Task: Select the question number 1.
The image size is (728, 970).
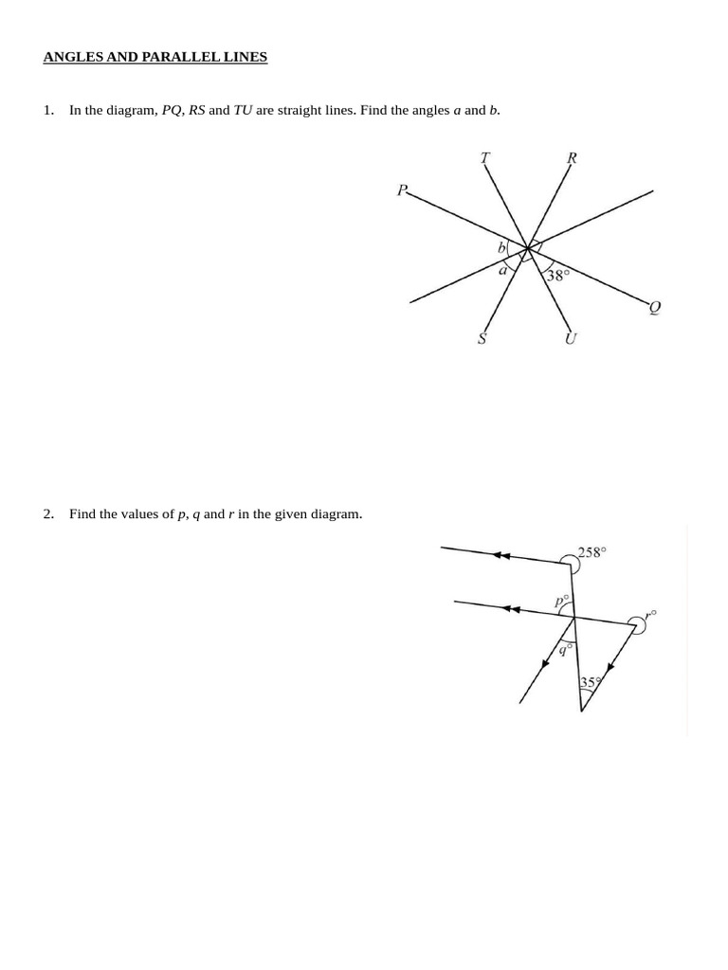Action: coord(48,110)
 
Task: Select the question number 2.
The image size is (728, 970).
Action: coord(48,514)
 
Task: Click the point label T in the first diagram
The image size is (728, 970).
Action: coord(485,158)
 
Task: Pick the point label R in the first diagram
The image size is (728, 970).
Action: coord(572,158)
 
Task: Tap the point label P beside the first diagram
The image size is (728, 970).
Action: coord(402,190)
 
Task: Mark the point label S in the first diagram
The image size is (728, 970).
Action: coord(482,338)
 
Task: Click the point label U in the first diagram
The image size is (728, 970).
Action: coord(571,338)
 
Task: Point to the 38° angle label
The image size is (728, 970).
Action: coord(557,276)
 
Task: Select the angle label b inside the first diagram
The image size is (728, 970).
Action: coord(502,248)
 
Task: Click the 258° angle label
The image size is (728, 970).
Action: coord(591,552)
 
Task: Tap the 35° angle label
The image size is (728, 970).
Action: coord(591,682)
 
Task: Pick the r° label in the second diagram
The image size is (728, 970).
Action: coord(649,616)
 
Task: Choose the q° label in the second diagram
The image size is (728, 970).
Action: coord(565,649)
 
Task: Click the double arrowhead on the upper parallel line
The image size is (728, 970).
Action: coord(502,555)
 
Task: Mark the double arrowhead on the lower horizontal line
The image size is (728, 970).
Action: coord(512,609)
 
